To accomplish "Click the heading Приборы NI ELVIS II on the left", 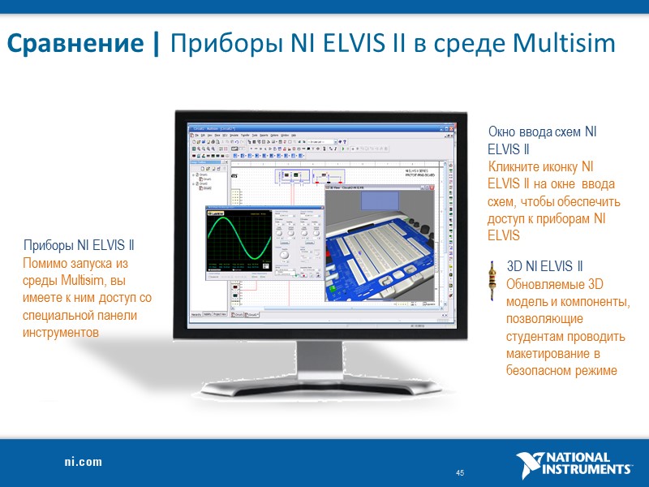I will (79, 246).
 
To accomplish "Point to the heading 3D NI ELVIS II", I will (544, 266).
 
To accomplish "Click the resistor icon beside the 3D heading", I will (494, 280).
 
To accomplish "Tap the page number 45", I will (460, 473).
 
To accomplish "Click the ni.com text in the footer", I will (84, 462).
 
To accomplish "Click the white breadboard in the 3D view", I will (389, 243).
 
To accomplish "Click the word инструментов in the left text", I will (61, 333).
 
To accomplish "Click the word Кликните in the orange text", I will (511, 166).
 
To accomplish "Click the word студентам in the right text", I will (532, 336).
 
